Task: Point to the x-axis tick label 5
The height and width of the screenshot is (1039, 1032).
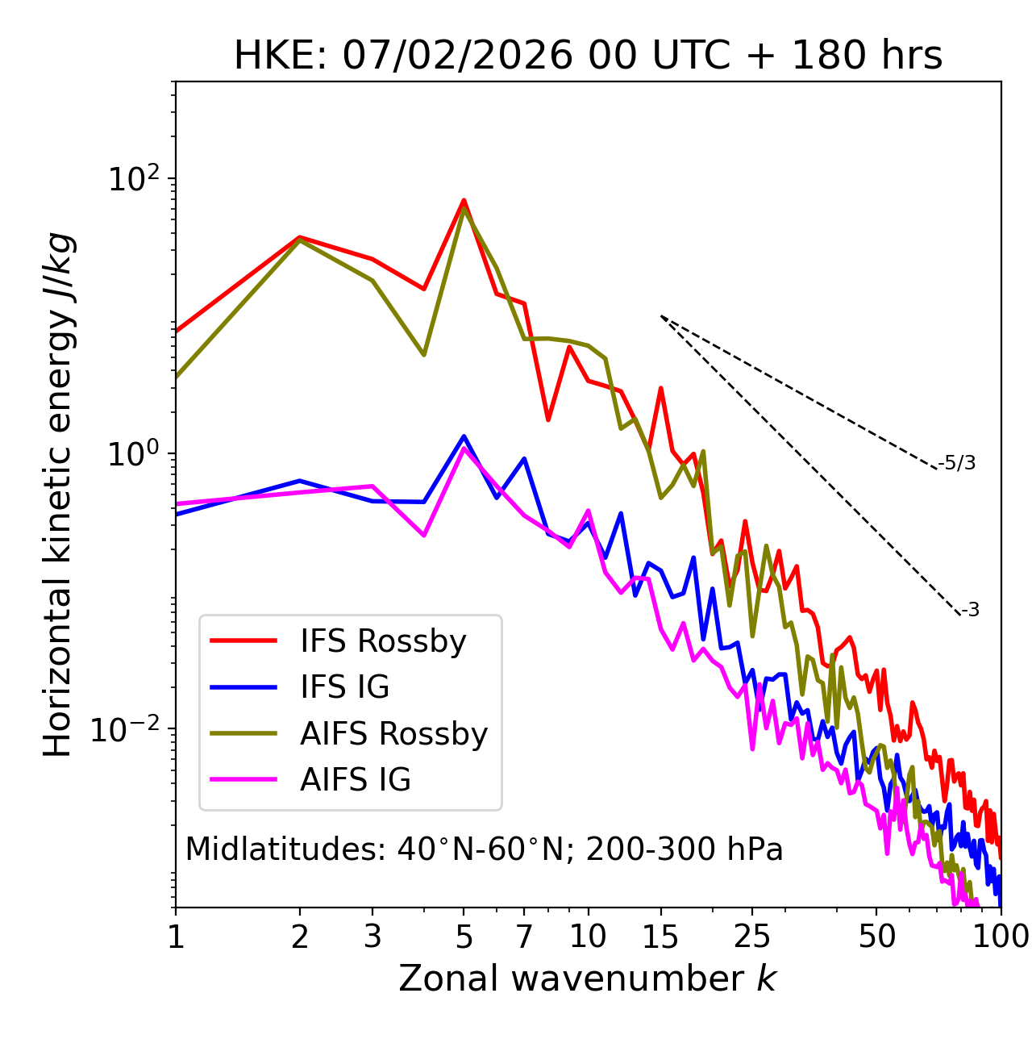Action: (x=464, y=937)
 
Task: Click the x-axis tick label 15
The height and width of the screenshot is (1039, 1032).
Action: (x=661, y=937)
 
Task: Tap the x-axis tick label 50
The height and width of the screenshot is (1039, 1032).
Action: (x=876, y=937)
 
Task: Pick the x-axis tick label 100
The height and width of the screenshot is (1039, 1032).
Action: (x=1000, y=937)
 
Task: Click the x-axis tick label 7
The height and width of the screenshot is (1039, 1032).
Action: (x=524, y=937)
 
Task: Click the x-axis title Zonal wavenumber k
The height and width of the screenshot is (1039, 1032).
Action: (x=588, y=978)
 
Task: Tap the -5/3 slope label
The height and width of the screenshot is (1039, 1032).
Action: (x=957, y=463)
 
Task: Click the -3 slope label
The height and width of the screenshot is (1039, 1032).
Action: (x=971, y=611)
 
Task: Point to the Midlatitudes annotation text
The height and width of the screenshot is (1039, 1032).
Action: (x=484, y=849)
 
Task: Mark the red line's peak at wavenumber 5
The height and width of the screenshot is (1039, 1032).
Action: (x=464, y=200)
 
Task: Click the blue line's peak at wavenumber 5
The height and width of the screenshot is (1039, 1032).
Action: (x=464, y=436)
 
